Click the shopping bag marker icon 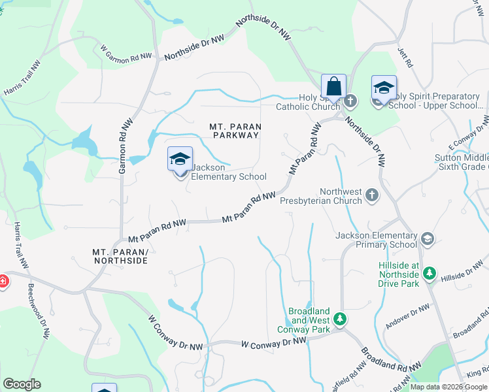(x=333, y=86)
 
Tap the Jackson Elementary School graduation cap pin (x=180, y=159)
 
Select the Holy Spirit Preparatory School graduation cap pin (x=384, y=88)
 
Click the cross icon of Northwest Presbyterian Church (x=372, y=195)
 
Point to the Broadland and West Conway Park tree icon (x=339, y=319)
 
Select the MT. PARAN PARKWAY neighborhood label (x=235, y=131)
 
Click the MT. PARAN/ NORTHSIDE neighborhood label (x=120, y=255)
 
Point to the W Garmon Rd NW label (x=126, y=53)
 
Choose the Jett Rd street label (x=405, y=57)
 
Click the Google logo (x=22, y=384)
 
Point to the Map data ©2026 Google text (x=448, y=387)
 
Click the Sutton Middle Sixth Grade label (x=462, y=163)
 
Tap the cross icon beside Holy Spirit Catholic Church (x=351, y=101)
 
